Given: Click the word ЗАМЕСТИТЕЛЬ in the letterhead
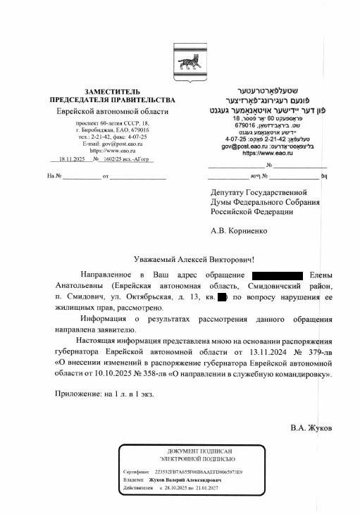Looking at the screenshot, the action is click(111, 92).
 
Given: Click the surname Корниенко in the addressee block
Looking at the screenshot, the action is click(253, 230).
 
